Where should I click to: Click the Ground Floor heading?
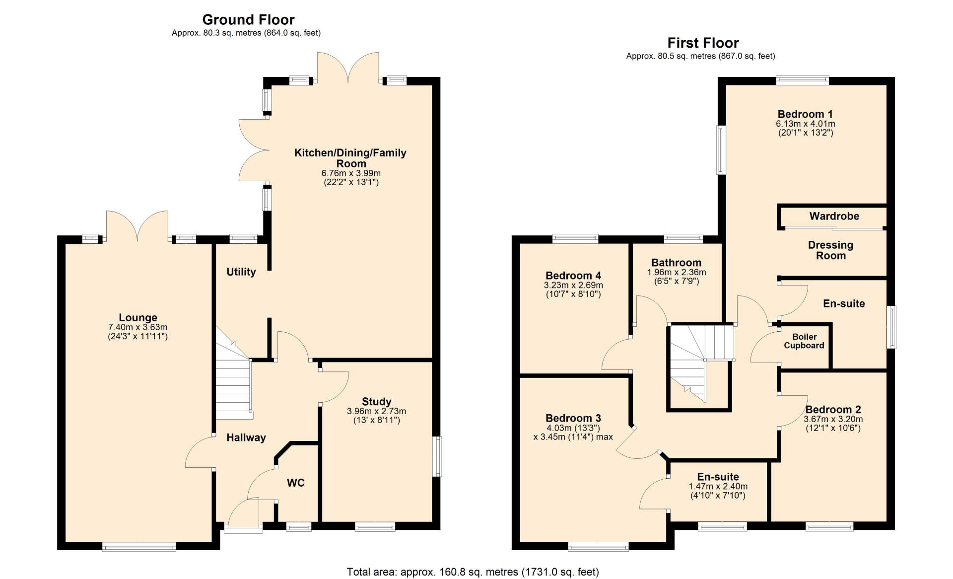(248, 20)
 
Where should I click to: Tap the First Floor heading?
(703, 43)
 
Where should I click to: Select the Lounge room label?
(138, 318)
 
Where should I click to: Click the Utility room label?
(241, 272)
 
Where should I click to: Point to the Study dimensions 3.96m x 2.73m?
(376, 411)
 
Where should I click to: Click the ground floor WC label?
(296, 483)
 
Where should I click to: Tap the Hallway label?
(246, 437)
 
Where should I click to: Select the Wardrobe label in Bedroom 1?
(834, 216)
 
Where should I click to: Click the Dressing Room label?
(830, 250)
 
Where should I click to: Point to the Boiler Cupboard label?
(804, 341)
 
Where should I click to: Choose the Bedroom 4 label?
(573, 276)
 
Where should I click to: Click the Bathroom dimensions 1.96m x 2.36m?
(677, 272)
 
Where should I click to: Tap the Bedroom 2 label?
(833, 410)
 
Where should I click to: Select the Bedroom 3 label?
(573, 418)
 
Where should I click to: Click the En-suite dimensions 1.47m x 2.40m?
(718, 487)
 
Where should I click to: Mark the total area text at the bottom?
(473, 572)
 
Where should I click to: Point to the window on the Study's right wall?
(436, 456)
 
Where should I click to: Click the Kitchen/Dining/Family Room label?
(350, 158)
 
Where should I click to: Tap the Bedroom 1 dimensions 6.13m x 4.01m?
(806, 124)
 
